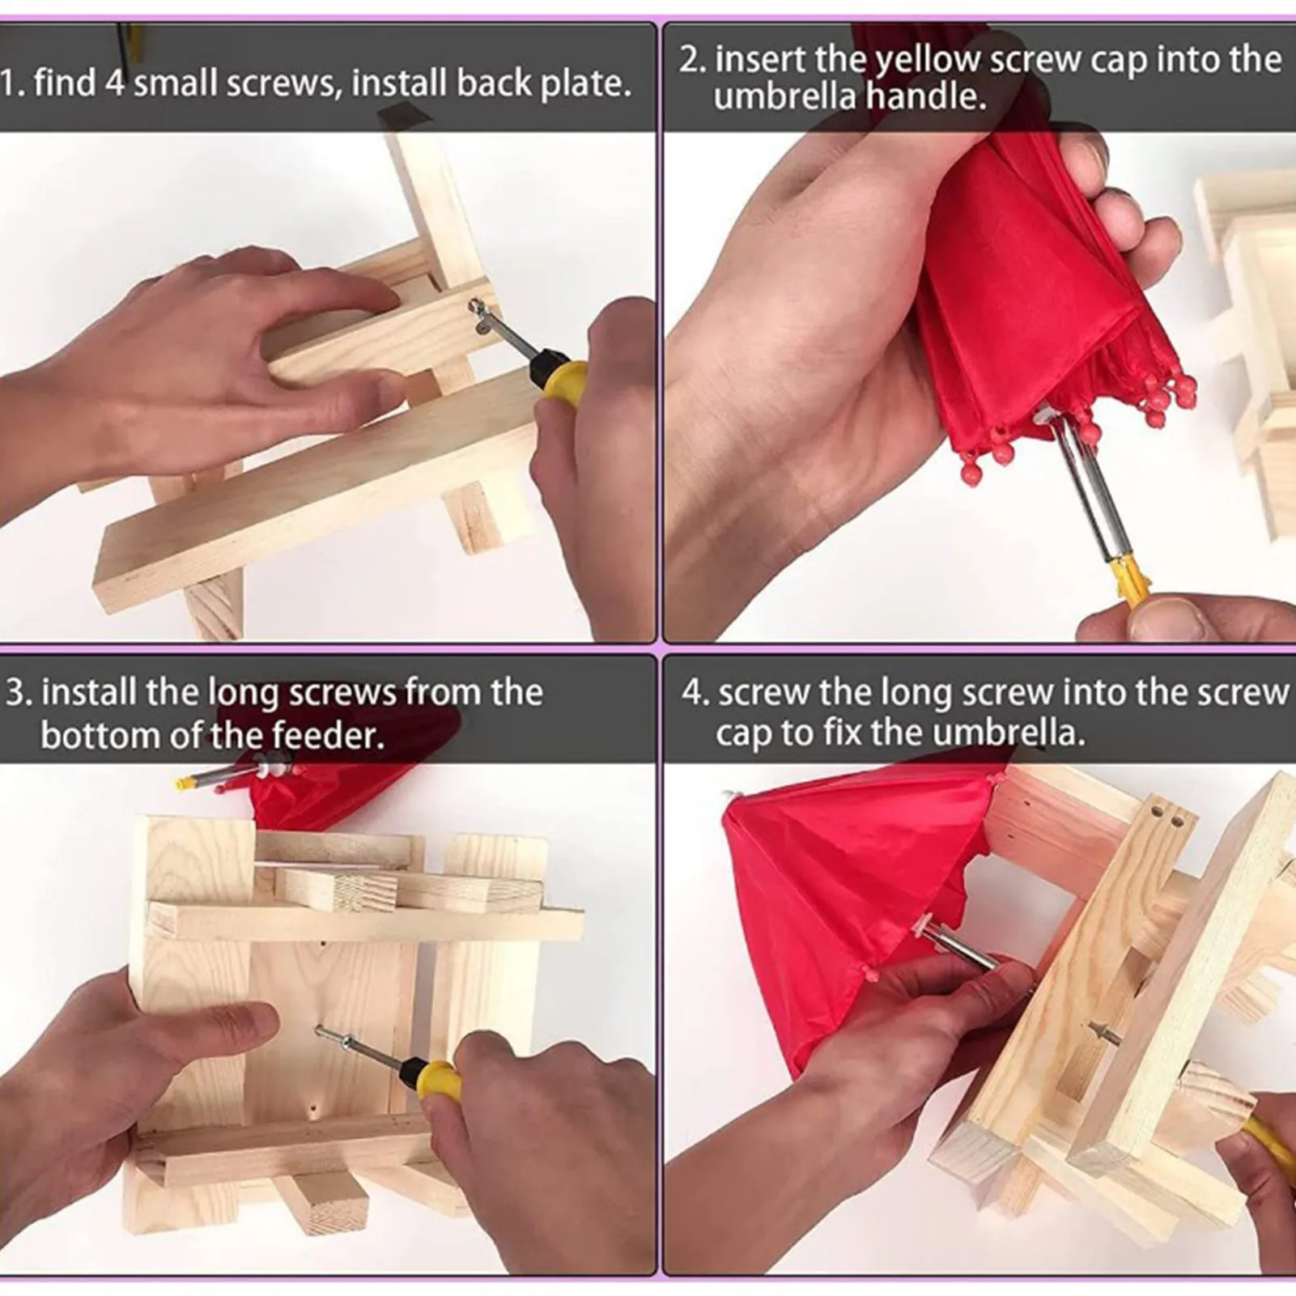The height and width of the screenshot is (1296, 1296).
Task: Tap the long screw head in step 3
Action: pos(322,1031)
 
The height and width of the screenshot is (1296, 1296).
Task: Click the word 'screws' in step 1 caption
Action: pos(283,84)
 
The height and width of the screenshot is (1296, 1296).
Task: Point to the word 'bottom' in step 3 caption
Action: pos(95,735)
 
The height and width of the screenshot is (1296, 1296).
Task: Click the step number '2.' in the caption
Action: pos(693,60)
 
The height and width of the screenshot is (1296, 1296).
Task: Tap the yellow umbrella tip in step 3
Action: pos(188,782)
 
